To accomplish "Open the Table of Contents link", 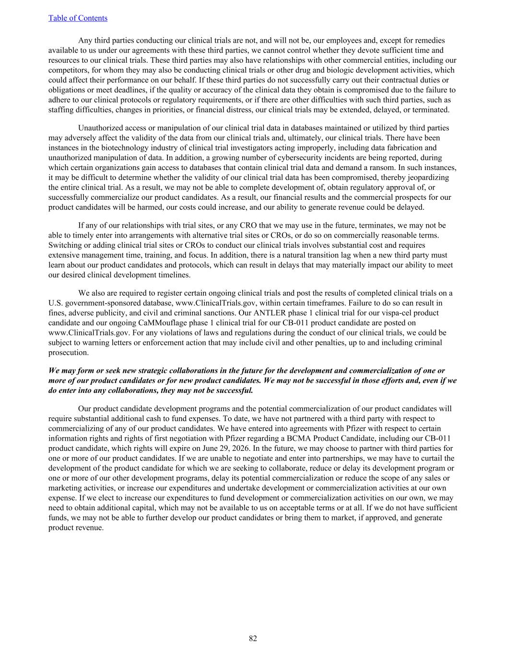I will point(78,18).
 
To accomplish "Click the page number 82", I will point(253,638).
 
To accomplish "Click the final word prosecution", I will point(69,353).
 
